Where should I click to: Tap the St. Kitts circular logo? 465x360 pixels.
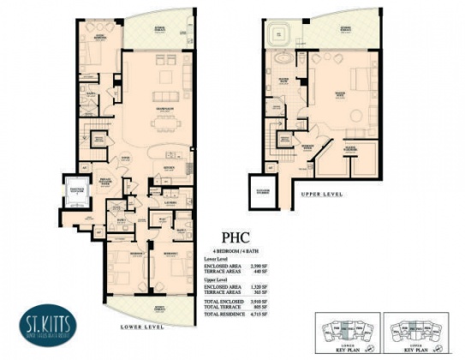tap(44, 327)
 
